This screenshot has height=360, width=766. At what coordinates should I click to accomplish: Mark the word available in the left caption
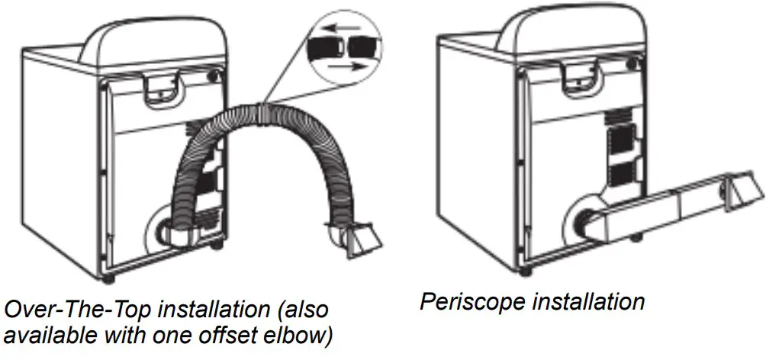(45, 336)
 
